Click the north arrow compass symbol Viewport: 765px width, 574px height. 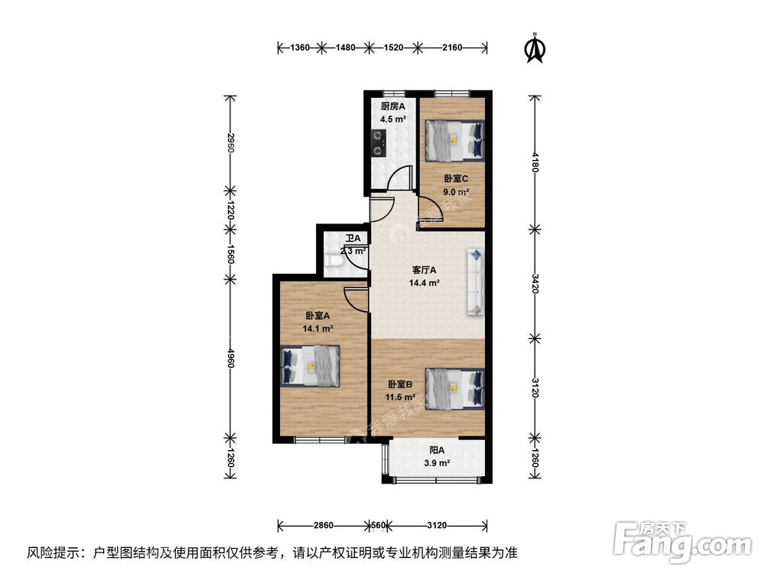click(x=534, y=47)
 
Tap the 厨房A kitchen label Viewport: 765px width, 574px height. click(x=393, y=106)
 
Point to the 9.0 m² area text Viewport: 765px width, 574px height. click(x=456, y=193)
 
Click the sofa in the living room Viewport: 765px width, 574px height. click(x=475, y=281)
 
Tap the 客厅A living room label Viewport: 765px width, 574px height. click(x=424, y=270)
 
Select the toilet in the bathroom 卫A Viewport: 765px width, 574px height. click(x=334, y=264)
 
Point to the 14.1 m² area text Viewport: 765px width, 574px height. click(x=317, y=329)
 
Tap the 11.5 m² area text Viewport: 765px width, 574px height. click(x=400, y=398)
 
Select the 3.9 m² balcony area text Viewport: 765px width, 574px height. click(x=436, y=463)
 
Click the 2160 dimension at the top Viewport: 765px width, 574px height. click(x=452, y=47)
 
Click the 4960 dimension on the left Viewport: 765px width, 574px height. click(x=229, y=357)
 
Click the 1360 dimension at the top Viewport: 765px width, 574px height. click(x=299, y=47)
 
